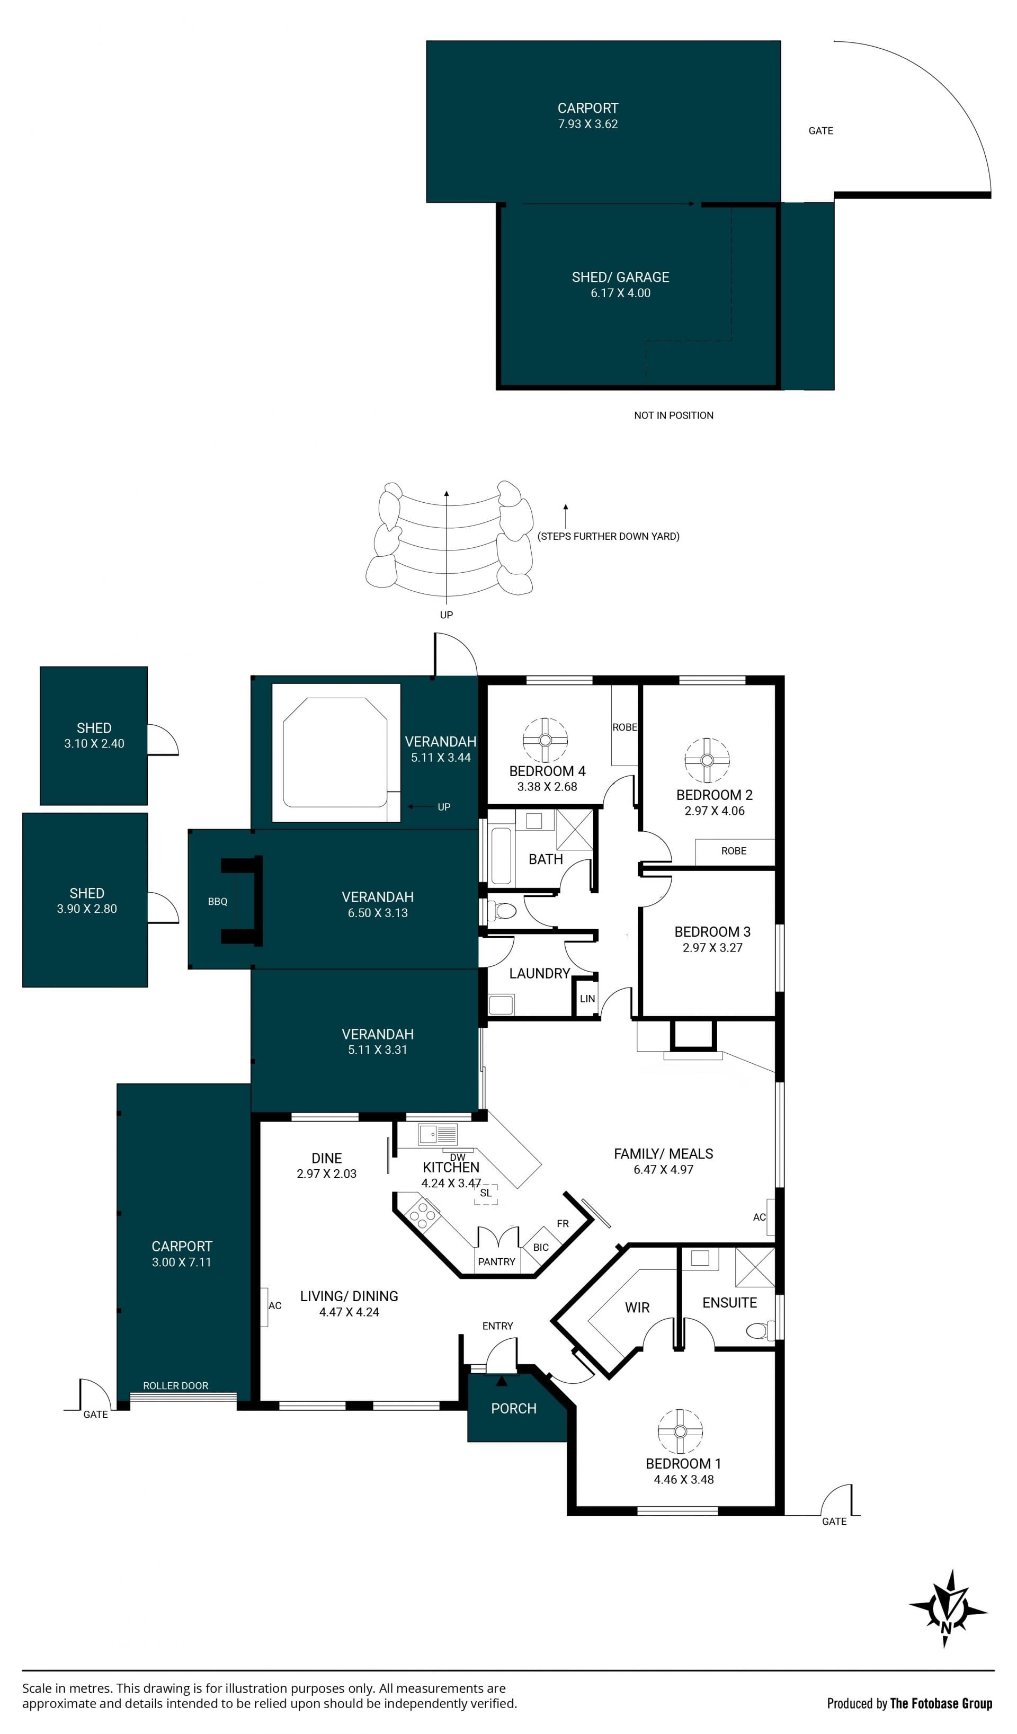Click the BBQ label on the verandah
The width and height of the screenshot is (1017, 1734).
(218, 901)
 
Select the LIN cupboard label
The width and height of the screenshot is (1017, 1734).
(587, 999)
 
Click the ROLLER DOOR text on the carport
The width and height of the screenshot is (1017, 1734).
(175, 1385)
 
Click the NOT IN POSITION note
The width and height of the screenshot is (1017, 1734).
(674, 415)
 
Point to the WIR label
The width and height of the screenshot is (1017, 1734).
(637, 1308)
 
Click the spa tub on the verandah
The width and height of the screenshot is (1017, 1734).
(335, 752)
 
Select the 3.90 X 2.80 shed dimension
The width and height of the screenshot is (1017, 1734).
(87, 909)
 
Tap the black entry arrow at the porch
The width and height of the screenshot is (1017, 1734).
(502, 1380)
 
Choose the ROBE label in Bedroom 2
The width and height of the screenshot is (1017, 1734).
(734, 851)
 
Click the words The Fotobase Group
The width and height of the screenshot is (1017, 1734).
(941, 1703)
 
